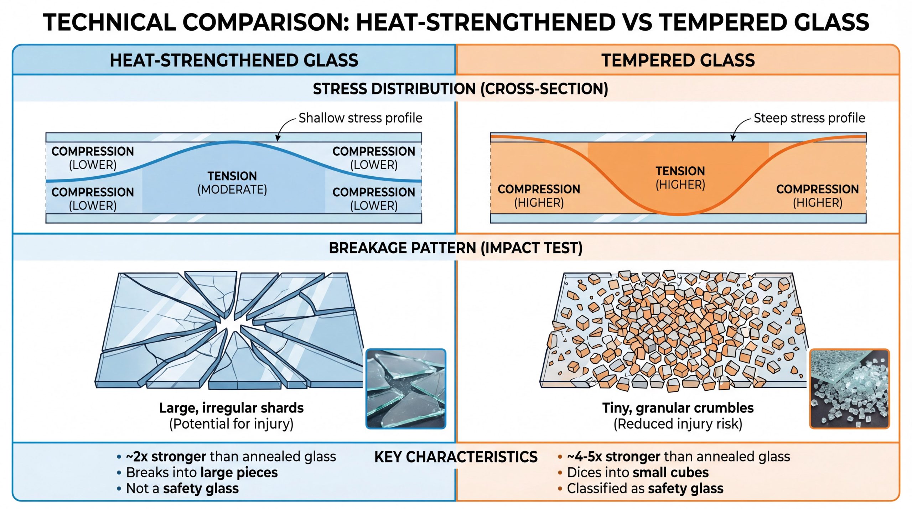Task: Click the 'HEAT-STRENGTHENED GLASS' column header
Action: [x=234, y=60]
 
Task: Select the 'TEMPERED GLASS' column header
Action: [x=678, y=60]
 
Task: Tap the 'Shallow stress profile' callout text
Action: [x=360, y=118]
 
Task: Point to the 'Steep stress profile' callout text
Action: [x=809, y=118]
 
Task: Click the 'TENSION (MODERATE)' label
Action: [x=232, y=183]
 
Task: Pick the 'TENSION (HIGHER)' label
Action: [x=680, y=178]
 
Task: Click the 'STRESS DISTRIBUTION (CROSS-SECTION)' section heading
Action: [x=460, y=89]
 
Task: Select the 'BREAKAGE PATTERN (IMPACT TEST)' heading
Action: [x=455, y=248]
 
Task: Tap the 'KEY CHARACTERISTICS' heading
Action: [x=456, y=457]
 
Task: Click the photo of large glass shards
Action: [x=406, y=389]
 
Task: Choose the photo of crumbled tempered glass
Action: [x=849, y=389]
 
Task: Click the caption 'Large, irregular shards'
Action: [x=231, y=408]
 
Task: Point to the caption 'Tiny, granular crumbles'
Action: [x=678, y=408]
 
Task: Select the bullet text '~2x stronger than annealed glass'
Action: [x=231, y=457]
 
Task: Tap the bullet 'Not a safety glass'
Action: [x=182, y=488]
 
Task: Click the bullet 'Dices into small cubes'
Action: [x=637, y=473]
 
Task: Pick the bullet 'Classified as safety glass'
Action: [x=645, y=488]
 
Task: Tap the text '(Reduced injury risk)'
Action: [x=678, y=424]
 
